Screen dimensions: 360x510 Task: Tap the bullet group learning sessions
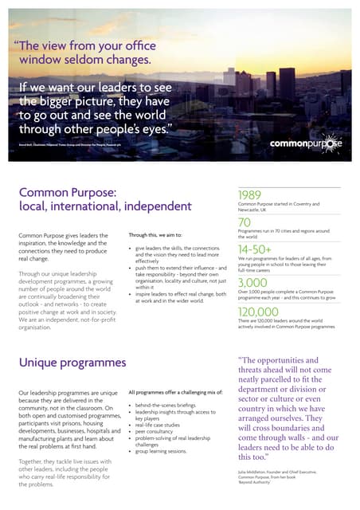[165, 450]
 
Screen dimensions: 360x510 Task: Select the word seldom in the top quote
[102, 60]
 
